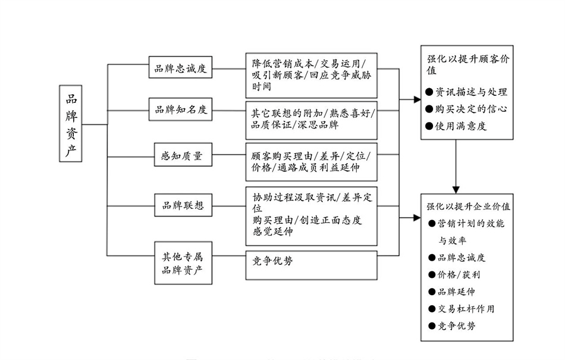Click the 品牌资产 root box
pyautogui.click(x=71, y=123)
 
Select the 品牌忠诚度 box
pyautogui.click(x=181, y=68)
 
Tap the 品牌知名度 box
pyautogui.click(x=181, y=109)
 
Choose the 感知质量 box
pyautogui.click(x=181, y=156)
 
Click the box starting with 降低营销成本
pyautogui.click(x=312, y=75)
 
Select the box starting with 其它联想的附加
pyautogui.click(x=312, y=117)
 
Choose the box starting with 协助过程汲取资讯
pyautogui.click(x=312, y=215)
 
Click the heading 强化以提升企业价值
pyautogui.click(x=468, y=206)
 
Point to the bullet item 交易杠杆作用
pyautogui.click(x=465, y=309)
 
